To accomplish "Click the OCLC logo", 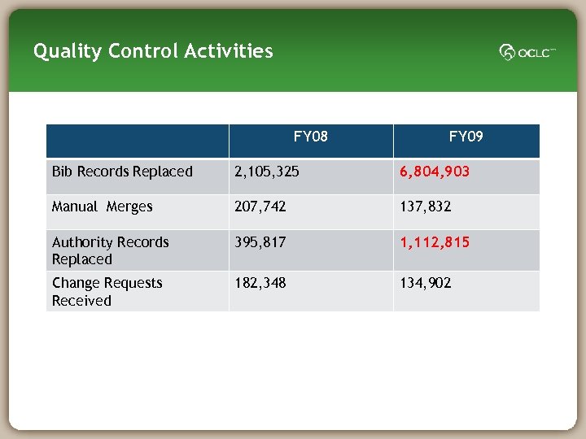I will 527,52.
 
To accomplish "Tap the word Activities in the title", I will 229,51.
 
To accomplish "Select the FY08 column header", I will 310,136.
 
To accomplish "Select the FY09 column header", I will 466,136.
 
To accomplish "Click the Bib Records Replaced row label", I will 122,172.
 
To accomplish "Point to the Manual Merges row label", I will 102,206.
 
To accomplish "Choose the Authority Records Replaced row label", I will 110,250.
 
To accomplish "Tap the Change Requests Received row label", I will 107,291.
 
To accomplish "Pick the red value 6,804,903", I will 434,172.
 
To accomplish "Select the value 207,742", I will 260,206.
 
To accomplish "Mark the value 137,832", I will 425,206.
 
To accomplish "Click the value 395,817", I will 260,242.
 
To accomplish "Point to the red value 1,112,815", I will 434,242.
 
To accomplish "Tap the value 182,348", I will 260,283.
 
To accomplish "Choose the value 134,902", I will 425,283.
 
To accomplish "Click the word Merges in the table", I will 129,206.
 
